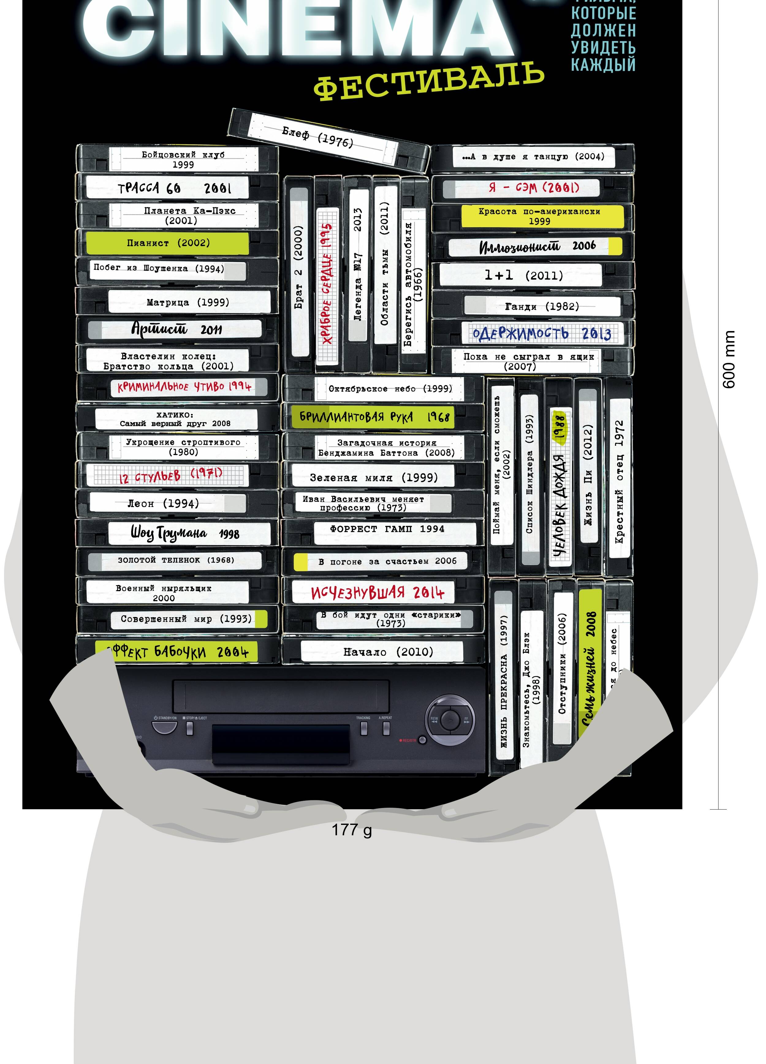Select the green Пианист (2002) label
pos(168,243)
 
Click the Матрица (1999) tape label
pos(188,302)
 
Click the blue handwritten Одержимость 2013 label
pos(542,333)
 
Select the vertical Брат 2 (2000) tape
pos(298,267)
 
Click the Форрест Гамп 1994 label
pos(388,529)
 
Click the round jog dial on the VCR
pos(450,719)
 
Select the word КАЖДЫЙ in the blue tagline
pos(603,64)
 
